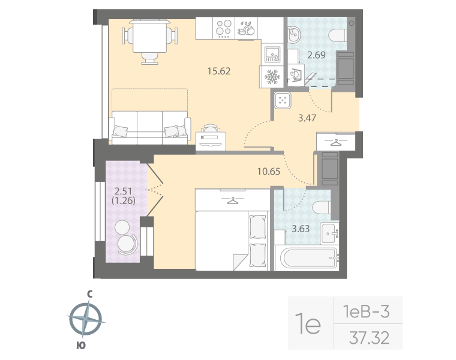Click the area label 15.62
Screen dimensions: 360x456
point(218,71)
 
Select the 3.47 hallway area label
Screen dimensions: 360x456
point(307,118)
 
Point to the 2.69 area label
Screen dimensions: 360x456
point(316,56)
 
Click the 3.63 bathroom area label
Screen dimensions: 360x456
point(301,228)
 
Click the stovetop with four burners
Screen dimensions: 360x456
point(224,29)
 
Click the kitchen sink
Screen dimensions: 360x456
point(272,54)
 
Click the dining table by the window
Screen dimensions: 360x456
point(149,36)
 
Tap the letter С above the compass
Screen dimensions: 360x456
point(89,294)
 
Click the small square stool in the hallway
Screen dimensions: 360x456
point(282,100)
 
